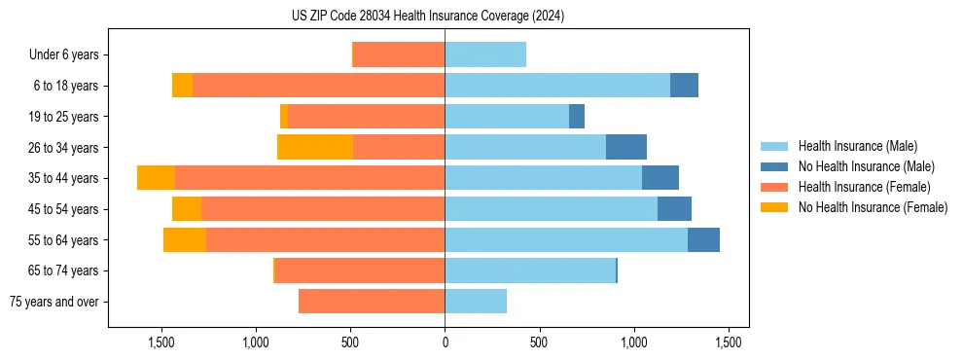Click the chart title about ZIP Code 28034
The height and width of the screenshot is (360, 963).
tap(428, 17)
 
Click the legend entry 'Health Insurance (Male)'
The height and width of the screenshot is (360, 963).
tap(857, 146)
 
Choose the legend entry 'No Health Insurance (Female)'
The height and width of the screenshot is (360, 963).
tap(873, 207)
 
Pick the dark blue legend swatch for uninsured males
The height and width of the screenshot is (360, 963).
tap(774, 166)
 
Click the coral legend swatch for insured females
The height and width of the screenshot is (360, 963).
tap(774, 187)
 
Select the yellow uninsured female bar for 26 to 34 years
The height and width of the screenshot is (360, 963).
tap(315, 147)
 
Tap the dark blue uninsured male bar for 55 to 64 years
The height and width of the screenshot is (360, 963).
tap(703, 239)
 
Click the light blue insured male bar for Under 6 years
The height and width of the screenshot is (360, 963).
tap(485, 54)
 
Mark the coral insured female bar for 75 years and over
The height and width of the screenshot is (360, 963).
tap(372, 302)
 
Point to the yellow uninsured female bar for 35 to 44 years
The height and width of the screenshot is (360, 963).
tap(156, 178)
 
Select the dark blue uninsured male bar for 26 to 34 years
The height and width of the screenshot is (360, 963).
tap(626, 147)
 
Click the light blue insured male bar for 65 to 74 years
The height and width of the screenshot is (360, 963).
tap(530, 270)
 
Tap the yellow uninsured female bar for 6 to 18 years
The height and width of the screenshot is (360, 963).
tap(182, 86)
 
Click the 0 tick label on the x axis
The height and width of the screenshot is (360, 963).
tap(445, 342)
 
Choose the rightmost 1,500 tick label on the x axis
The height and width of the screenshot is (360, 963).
tap(729, 342)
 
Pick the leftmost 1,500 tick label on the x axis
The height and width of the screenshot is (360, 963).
tap(160, 342)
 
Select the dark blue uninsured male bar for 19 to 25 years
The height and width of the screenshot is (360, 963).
tap(577, 117)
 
